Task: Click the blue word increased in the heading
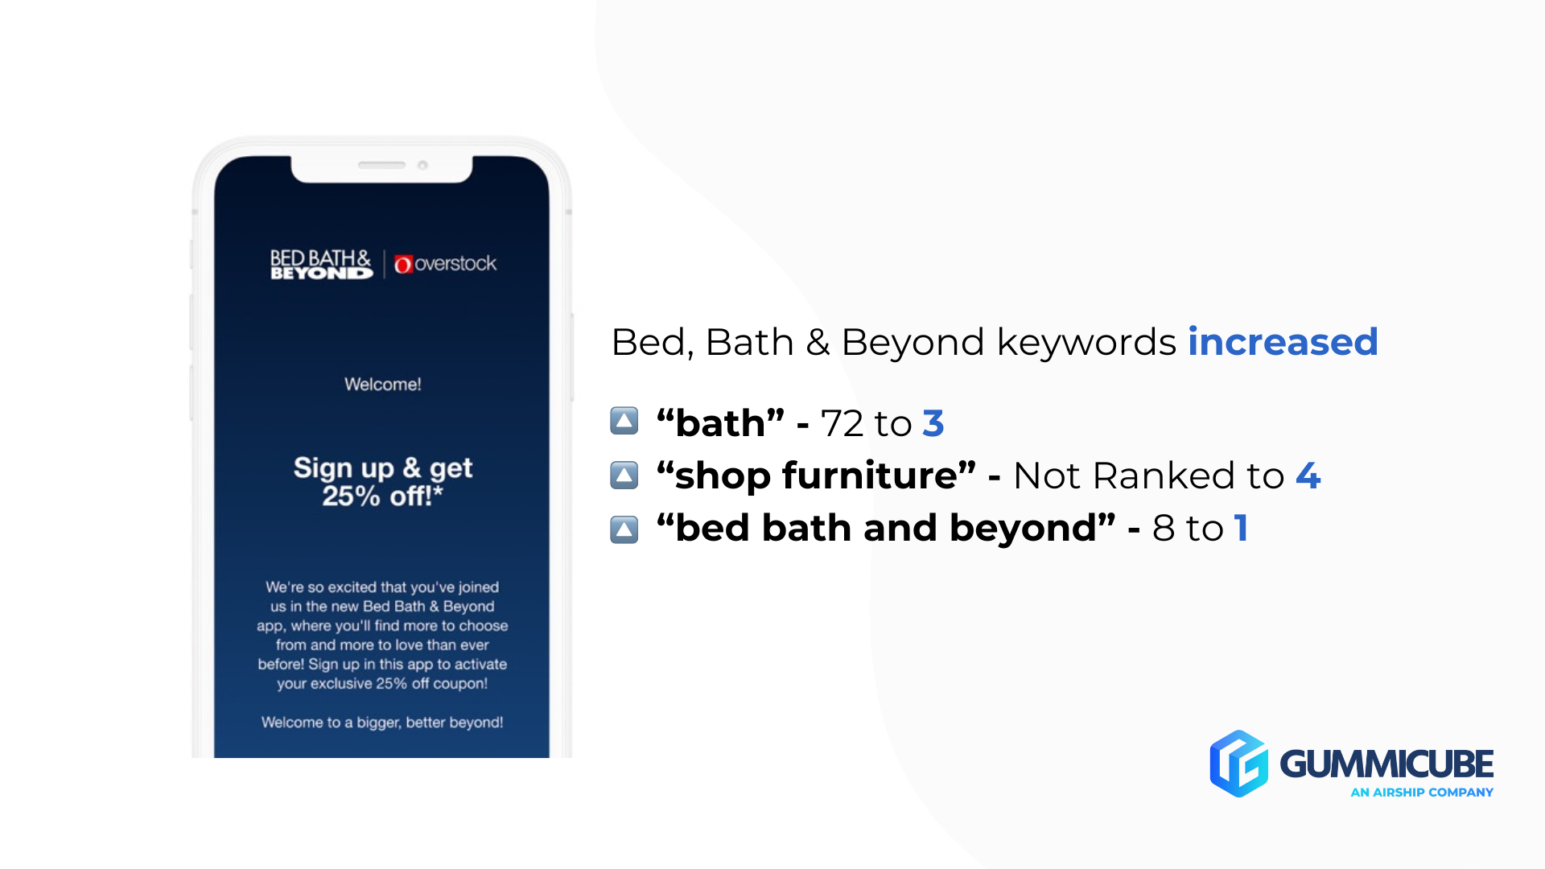point(1283,342)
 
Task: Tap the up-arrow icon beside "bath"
point(624,421)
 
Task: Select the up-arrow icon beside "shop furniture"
point(624,475)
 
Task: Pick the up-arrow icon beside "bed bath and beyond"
point(624,529)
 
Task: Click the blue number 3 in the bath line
point(933,423)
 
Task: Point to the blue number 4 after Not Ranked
point(1308,476)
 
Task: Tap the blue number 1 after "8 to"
point(1241,529)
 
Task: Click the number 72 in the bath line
point(842,423)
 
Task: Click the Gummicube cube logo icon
point(1238,764)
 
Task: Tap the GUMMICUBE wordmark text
point(1386,764)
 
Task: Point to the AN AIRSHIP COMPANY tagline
point(1421,793)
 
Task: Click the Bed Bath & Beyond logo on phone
point(321,264)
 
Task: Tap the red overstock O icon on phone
point(403,264)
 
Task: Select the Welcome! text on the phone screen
point(382,385)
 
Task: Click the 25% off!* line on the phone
point(382,496)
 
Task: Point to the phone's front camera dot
point(422,165)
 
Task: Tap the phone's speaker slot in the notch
point(381,165)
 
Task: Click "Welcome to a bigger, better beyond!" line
point(382,723)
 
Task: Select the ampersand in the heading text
point(818,343)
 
